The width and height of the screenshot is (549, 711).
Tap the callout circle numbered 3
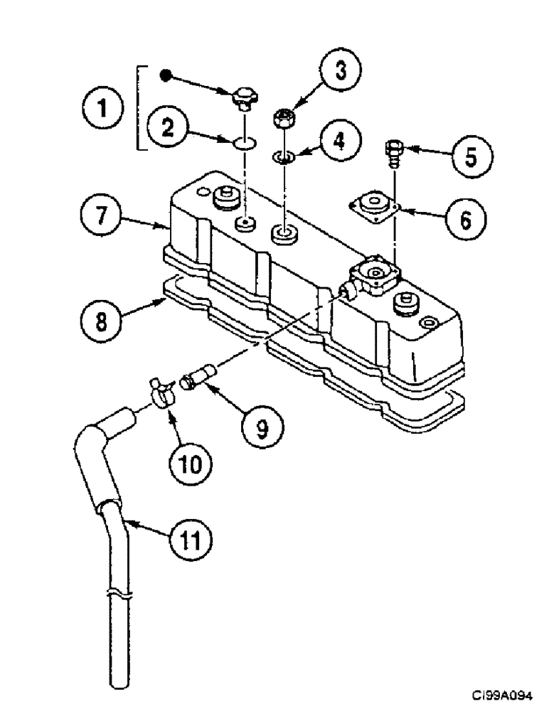(339, 73)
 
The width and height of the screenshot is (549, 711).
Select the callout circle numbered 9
(261, 427)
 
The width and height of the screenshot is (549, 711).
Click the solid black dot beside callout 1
(165, 75)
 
